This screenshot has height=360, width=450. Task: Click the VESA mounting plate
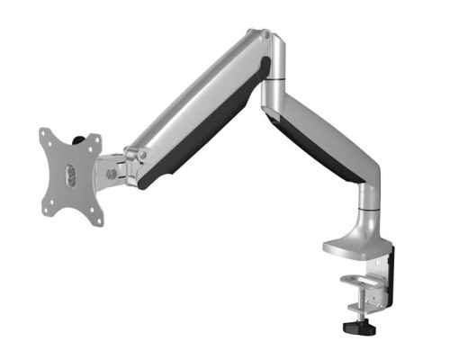tap(70, 176)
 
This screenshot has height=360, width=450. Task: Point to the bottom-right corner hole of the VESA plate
tap(98, 220)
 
